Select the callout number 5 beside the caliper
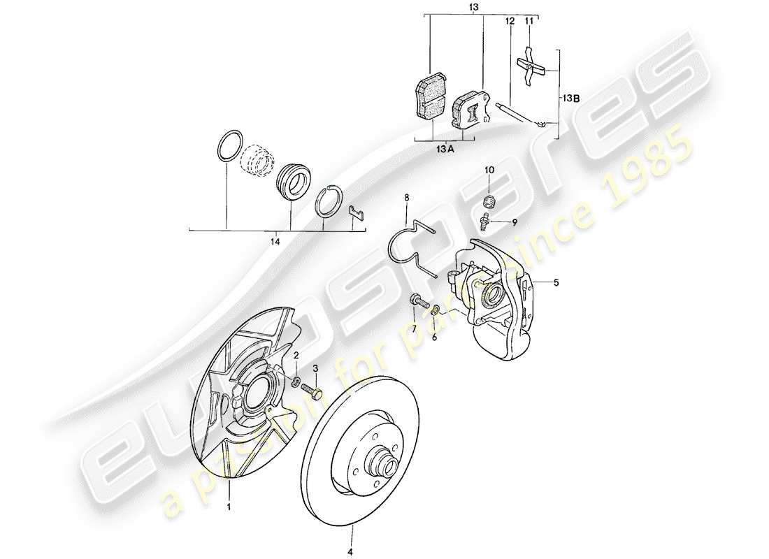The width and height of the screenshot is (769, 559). pos(556,284)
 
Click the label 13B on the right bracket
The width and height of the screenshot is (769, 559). pos(570,99)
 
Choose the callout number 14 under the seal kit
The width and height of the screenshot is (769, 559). pos(275,242)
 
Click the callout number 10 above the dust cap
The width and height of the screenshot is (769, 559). pos(489,170)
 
